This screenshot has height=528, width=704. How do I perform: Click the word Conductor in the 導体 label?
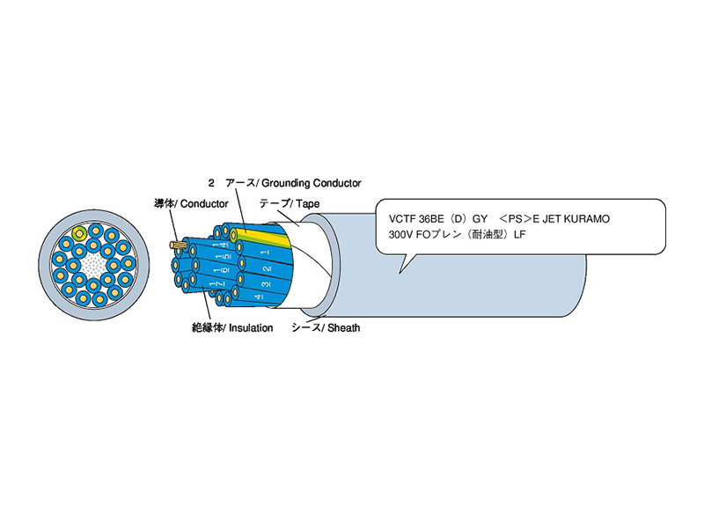point(208,203)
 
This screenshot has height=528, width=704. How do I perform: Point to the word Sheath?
point(343,327)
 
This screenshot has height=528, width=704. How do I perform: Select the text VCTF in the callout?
point(392,217)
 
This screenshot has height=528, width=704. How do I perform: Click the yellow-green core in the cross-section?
point(80,234)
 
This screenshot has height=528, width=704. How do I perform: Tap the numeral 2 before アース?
point(211,183)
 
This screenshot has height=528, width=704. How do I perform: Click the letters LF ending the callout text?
point(518,235)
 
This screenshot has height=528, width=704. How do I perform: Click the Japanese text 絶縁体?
point(206,327)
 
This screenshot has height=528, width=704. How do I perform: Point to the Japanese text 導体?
point(164,203)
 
